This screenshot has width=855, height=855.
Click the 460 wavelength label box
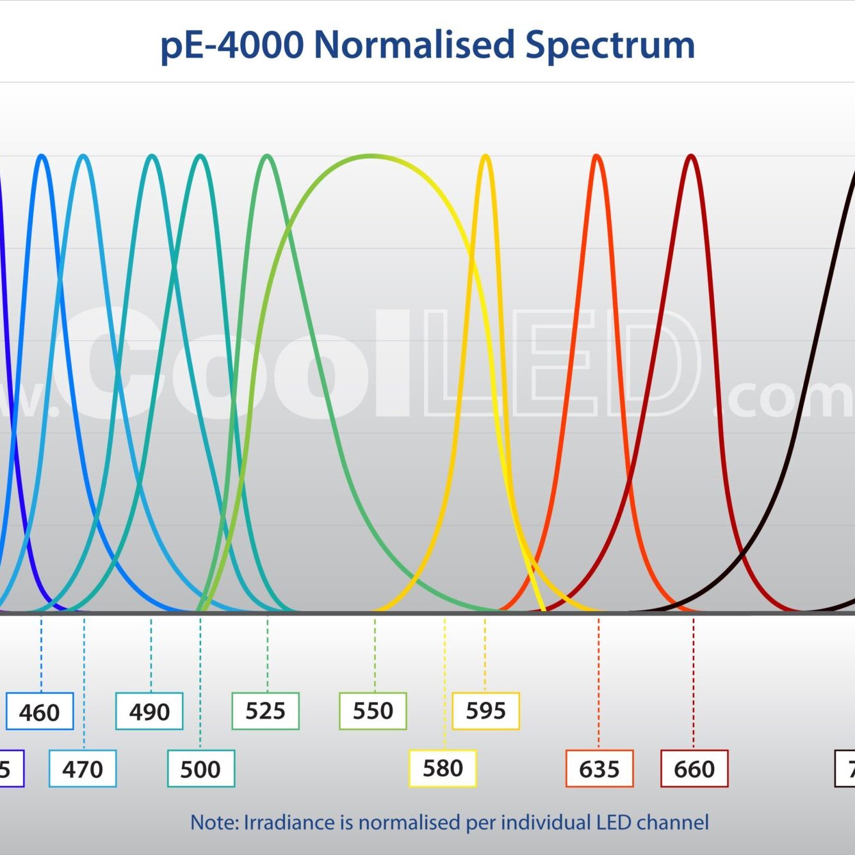[40, 711]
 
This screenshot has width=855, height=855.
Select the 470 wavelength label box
[83, 769]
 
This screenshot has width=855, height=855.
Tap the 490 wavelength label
[149, 711]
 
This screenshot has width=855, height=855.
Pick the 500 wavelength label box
[201, 769]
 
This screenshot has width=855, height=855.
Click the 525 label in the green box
[265, 711]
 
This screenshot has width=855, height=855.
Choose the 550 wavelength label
[373, 711]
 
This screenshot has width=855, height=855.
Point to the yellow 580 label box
[443, 768]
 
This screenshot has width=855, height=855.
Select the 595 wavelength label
[485, 711]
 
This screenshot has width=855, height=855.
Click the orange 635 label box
[599, 769]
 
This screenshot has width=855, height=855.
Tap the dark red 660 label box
[694, 769]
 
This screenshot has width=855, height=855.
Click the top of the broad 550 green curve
[371, 156]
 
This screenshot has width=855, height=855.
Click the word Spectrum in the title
[610, 45]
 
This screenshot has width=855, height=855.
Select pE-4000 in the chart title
[232, 45]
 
